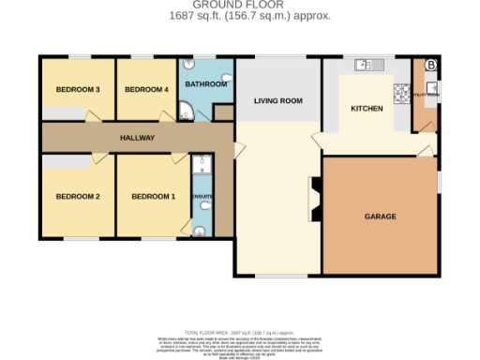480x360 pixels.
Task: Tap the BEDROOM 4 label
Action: click(146, 90)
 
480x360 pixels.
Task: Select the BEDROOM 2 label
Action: click(77, 197)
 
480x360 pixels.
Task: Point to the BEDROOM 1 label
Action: click(153, 197)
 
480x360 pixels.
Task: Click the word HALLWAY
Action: click(137, 138)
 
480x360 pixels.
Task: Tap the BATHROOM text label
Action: click(206, 84)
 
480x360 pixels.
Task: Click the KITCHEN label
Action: click(367, 109)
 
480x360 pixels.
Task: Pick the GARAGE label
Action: click(380, 217)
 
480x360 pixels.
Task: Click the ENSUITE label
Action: click(202, 197)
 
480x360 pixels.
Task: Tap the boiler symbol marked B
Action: click(430, 65)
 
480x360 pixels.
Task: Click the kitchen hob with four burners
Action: click(402, 92)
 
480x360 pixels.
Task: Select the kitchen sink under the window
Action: click(366, 65)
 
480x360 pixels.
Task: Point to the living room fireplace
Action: click(314, 199)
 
